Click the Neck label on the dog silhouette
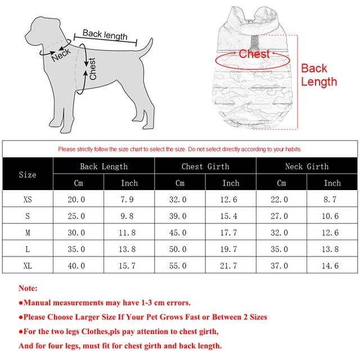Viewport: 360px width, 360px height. [x=61, y=55]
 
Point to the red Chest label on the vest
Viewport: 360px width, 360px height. [x=254, y=54]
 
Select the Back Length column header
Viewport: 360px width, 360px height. [x=103, y=166]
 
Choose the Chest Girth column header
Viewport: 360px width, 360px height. [x=205, y=166]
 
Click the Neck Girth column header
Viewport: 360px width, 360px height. [x=307, y=166]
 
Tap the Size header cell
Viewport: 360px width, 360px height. [x=28, y=174]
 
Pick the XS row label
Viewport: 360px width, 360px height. [x=28, y=200]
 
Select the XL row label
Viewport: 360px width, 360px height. [x=28, y=265]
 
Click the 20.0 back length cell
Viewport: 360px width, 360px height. [x=76, y=200]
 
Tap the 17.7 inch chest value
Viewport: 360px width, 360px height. [x=230, y=233]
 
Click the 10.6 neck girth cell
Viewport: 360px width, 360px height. [x=332, y=216]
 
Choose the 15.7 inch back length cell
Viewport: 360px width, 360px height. [x=129, y=265]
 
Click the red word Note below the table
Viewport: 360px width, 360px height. [x=28, y=288]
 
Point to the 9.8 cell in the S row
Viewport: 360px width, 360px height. [x=129, y=216]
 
